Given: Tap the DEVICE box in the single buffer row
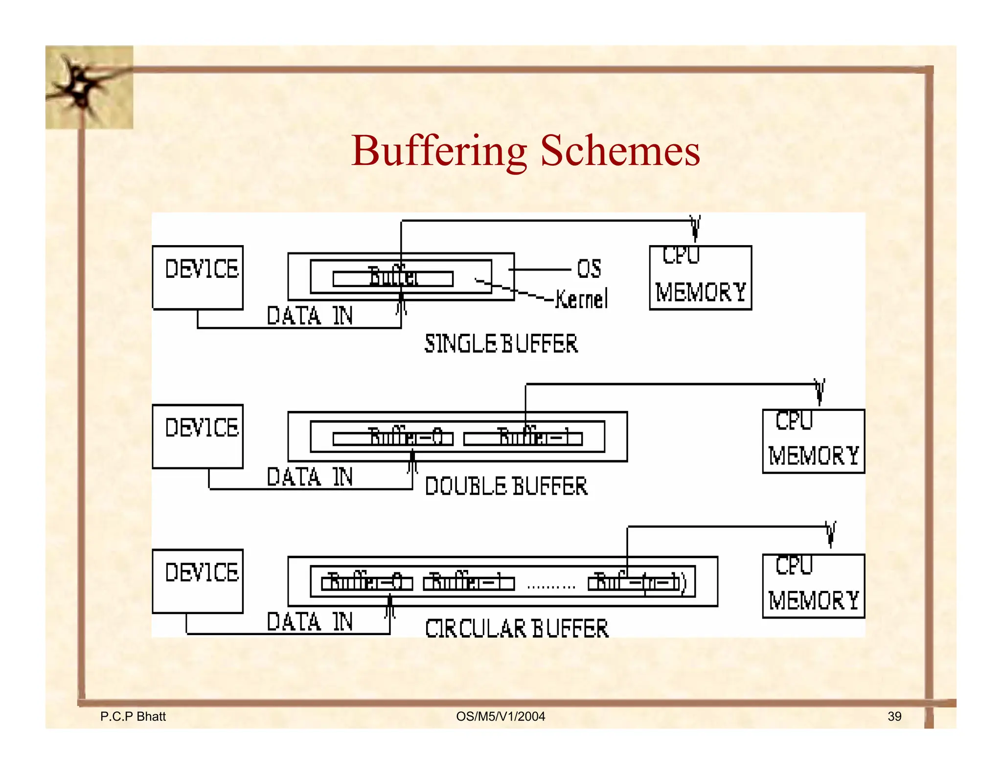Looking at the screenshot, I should (x=198, y=277).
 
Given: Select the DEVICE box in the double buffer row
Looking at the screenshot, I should (x=198, y=436).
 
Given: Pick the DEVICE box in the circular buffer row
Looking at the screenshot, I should (x=198, y=581).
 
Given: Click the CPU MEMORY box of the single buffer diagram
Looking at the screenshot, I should (x=700, y=277).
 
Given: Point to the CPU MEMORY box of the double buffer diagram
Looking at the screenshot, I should (x=813, y=441).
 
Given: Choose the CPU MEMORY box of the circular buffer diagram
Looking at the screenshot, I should (x=813, y=586).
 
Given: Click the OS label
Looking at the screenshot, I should (x=589, y=269).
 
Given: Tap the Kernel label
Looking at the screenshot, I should (x=582, y=299).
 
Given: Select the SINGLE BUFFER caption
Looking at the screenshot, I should (x=501, y=343).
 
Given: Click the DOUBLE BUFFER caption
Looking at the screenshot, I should (x=506, y=486).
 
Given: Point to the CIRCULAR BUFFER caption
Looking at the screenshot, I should (x=517, y=629).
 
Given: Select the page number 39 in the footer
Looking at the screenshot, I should (x=894, y=716).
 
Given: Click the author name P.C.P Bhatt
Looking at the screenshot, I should (x=133, y=716).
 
